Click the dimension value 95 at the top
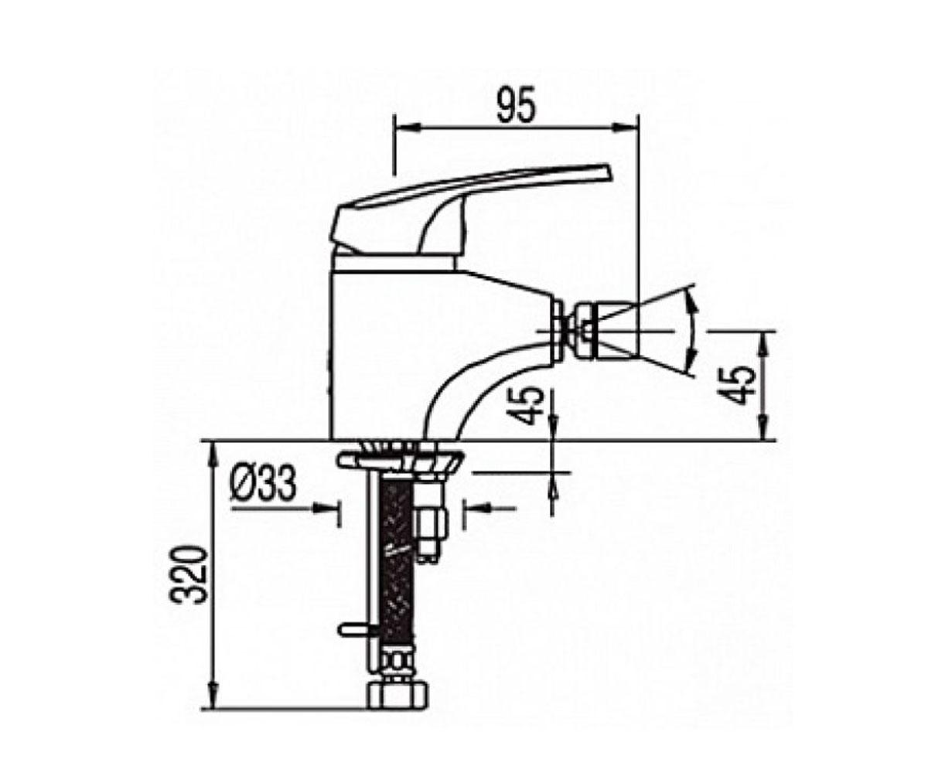(517, 108)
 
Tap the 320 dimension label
(188, 575)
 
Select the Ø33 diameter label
(264, 485)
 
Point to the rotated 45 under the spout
(528, 406)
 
